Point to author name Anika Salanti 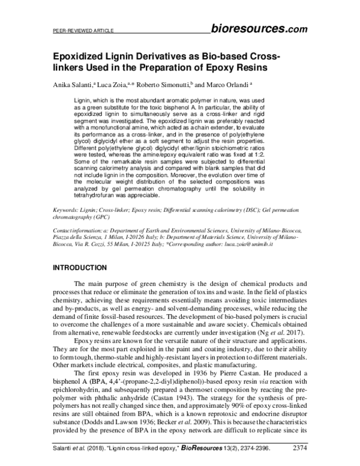tap(73, 85)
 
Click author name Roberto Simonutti tap(164, 85)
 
